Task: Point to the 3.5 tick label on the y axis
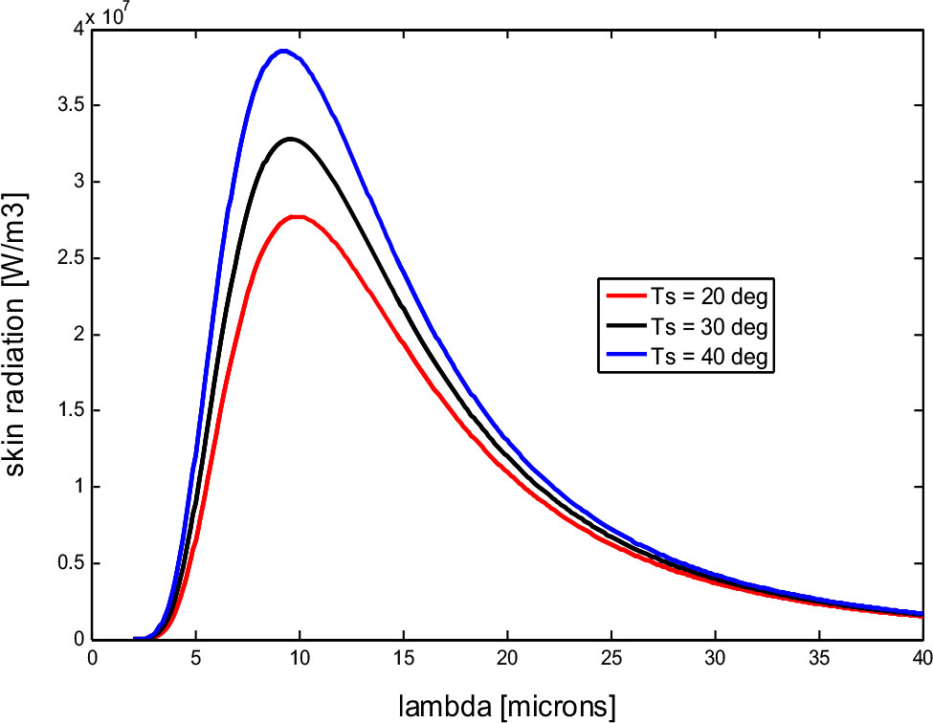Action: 66,105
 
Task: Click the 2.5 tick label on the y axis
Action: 66,258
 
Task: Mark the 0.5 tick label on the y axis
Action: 66,563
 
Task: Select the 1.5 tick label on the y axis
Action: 66,410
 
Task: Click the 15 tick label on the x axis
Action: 403,659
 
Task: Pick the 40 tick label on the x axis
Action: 920,659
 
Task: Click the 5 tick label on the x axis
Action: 196,659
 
